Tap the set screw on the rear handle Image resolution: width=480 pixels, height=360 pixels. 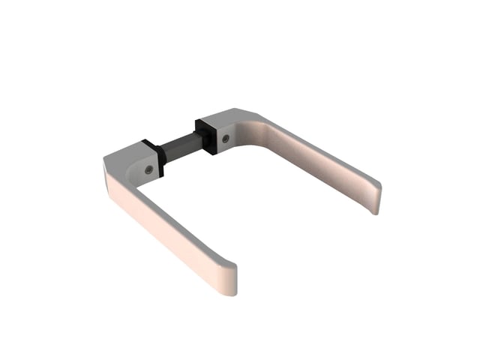pos(226,138)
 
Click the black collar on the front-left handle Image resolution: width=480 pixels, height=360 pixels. pos(158,160)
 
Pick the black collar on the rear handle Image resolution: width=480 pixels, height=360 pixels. pos(207,135)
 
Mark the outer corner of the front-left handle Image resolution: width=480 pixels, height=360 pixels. pos(105,160)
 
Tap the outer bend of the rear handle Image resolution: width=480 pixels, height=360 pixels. pos(259,116)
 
